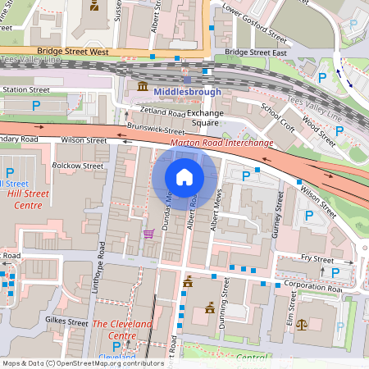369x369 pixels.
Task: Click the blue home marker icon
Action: (184, 177)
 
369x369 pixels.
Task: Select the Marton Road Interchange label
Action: (221, 143)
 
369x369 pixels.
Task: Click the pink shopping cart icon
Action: (148, 234)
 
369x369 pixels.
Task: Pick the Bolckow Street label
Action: (77, 166)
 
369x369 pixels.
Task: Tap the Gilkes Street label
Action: (66, 323)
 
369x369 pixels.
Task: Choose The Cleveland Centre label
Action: (122, 329)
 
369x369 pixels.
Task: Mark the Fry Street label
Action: (317, 259)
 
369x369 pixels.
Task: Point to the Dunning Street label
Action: (223, 312)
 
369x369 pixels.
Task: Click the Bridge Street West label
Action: (79, 51)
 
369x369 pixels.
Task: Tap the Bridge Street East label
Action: (255, 52)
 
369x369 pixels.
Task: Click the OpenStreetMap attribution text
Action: (82, 363)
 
